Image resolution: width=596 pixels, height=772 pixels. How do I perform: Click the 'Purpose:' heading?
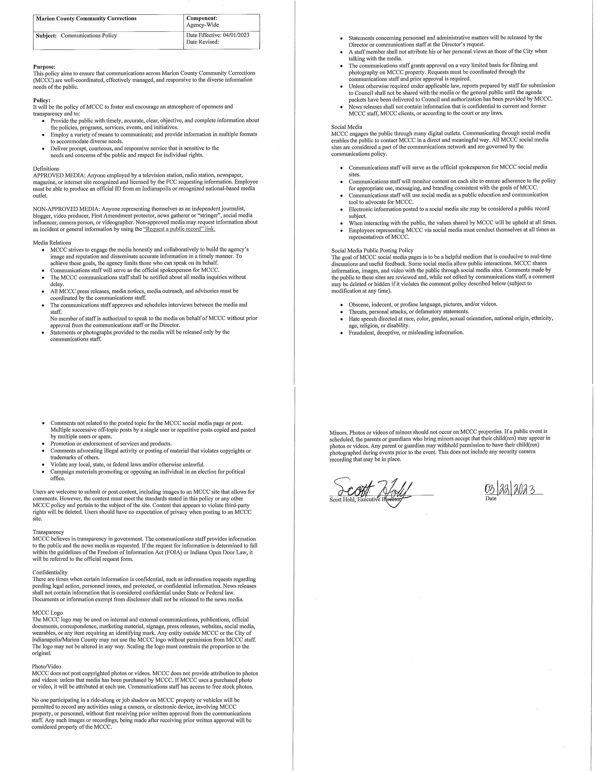click(44, 67)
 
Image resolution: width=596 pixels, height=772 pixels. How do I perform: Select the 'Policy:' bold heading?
click(42, 100)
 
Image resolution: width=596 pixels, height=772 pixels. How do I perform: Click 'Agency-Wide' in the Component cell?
click(203, 25)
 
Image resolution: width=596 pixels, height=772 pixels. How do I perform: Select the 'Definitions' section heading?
click(46, 169)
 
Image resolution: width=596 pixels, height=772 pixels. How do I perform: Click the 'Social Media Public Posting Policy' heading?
click(372, 250)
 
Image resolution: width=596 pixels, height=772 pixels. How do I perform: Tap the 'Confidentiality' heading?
click(50, 572)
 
